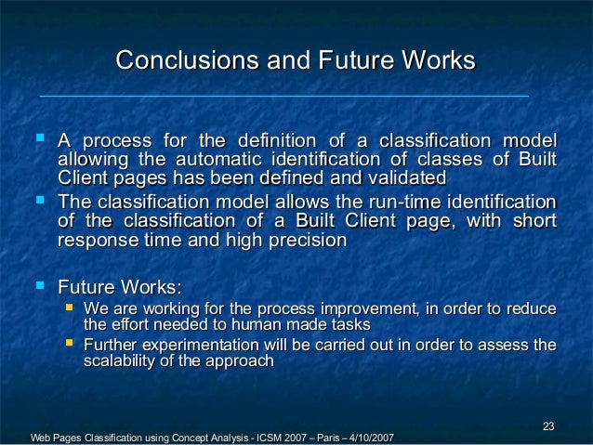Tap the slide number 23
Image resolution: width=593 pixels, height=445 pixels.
[548, 426]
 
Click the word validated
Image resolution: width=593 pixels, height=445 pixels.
[402, 177]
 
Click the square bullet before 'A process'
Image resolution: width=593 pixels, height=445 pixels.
[38, 140]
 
